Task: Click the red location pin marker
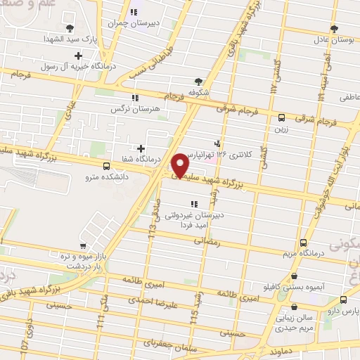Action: tap(181, 165)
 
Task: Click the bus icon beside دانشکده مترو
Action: tap(106, 167)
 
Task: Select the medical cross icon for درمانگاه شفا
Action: tap(141, 148)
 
